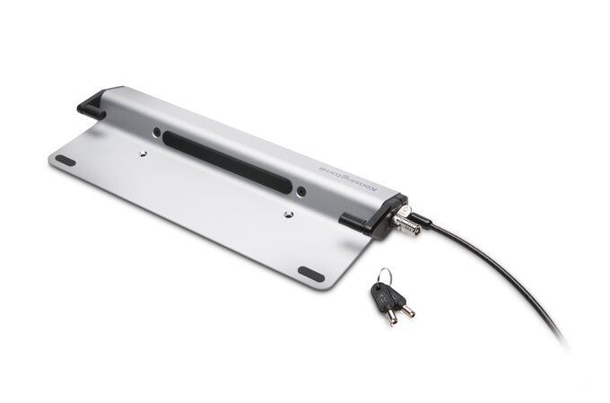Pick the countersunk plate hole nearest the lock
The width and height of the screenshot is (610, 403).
pyautogui.click(x=286, y=215)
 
